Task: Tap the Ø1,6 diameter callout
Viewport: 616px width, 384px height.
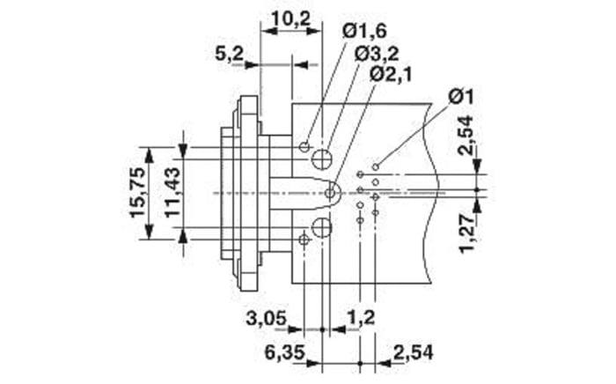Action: tap(365, 33)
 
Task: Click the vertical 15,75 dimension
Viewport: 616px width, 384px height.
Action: tap(138, 192)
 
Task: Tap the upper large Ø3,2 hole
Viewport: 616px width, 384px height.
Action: tap(322, 159)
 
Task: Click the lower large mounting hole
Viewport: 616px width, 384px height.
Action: tap(322, 229)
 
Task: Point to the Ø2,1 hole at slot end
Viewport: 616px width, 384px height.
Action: tap(331, 192)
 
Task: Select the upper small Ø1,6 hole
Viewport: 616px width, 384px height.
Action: tap(304, 145)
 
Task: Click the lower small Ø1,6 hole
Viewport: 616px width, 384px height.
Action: tap(304, 240)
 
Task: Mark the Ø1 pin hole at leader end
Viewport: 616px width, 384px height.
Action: tap(376, 166)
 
